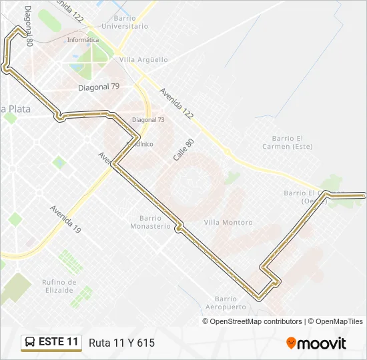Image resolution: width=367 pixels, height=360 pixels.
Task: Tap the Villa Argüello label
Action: click(143, 59)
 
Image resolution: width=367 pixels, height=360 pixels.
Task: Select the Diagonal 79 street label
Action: click(98, 87)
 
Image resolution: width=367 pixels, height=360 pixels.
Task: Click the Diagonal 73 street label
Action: click(148, 119)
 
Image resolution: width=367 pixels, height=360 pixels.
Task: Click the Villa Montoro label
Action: click(228, 222)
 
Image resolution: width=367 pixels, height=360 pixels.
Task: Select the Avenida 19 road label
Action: click(65, 219)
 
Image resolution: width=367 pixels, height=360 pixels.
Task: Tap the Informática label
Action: click(83, 39)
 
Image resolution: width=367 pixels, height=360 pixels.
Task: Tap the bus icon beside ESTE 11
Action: click(31, 342)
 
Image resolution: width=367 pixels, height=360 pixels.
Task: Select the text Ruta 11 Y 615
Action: click(121, 343)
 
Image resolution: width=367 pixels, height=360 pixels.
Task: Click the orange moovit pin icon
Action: click(291, 343)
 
